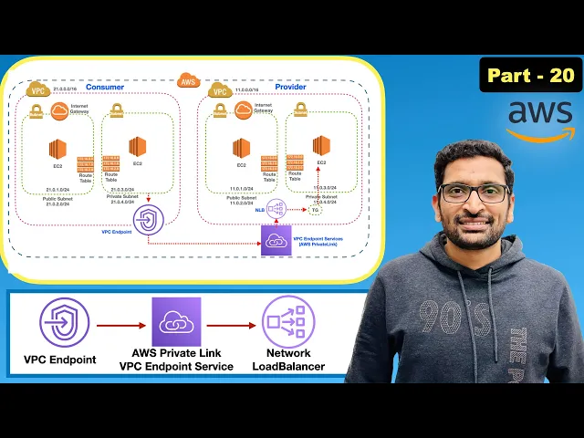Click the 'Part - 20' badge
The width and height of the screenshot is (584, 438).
(x=530, y=75)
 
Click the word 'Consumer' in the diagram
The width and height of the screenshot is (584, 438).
(x=105, y=87)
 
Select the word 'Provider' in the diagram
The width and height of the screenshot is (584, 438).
(x=291, y=87)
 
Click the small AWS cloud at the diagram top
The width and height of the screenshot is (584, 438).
(x=188, y=80)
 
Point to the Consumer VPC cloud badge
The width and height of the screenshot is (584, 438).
(x=37, y=91)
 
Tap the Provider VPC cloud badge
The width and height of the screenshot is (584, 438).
(x=219, y=91)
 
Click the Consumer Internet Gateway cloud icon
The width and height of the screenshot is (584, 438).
(x=60, y=111)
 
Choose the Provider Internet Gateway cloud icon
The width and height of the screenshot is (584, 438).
(x=243, y=110)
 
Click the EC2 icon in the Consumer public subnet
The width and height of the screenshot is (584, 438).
(x=58, y=149)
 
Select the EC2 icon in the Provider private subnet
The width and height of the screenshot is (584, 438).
(x=321, y=145)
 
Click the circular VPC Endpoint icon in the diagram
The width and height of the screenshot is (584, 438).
(x=148, y=220)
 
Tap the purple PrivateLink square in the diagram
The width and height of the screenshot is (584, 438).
(x=276, y=240)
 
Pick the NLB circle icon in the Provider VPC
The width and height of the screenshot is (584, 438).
(x=276, y=209)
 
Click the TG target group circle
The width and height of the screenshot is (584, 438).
(x=315, y=210)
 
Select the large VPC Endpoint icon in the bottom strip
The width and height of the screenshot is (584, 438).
(x=65, y=322)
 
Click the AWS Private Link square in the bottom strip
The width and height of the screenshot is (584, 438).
(x=175, y=322)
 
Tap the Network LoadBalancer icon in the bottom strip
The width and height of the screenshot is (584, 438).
(x=287, y=322)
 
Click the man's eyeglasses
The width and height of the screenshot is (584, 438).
(x=473, y=193)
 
